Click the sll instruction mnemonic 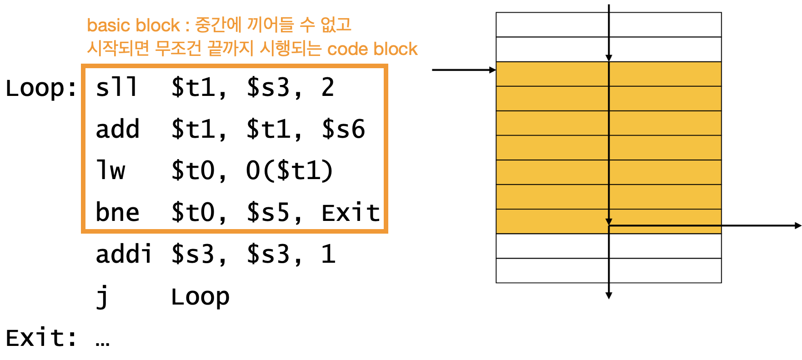coord(116,87)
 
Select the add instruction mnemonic coord(117,129)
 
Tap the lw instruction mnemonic coord(110,170)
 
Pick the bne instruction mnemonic coord(117,212)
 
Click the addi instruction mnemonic coord(123,254)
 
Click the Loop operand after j coord(200,297)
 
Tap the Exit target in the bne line coord(351,212)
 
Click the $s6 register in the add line coord(343,129)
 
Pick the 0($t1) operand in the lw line coord(289,170)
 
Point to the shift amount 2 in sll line coord(328,87)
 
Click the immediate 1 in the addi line coord(328,254)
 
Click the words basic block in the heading coord(133,25)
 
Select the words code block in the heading coord(372,49)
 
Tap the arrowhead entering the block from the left coord(492,70)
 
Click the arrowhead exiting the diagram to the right coord(798,225)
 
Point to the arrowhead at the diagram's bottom coord(609,296)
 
